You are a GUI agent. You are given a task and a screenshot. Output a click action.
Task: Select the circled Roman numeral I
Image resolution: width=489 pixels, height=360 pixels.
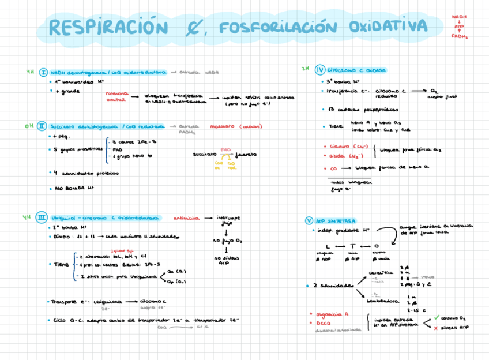(x=43, y=73)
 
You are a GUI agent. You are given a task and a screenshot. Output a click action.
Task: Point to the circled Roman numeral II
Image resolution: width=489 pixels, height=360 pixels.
(x=42, y=125)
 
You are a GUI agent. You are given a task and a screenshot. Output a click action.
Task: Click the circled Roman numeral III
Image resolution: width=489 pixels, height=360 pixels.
(x=42, y=217)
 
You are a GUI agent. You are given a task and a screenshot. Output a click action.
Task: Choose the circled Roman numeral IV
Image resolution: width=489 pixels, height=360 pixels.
(x=320, y=70)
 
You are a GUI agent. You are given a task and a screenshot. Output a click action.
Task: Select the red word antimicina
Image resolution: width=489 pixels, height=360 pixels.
(x=186, y=219)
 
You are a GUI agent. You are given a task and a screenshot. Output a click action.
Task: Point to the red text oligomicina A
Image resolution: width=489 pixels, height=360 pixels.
(x=332, y=314)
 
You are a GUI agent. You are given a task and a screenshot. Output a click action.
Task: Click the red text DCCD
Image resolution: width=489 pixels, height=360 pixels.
(x=323, y=322)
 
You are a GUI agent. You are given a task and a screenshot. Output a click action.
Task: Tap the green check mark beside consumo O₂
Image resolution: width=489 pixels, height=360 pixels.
(x=437, y=317)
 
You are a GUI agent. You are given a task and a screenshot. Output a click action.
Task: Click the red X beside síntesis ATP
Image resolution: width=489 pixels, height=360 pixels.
(x=436, y=327)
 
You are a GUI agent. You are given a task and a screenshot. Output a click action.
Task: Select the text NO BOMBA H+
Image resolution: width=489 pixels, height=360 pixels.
(x=74, y=188)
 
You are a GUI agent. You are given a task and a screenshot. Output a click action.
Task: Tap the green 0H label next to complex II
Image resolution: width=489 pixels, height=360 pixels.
(x=29, y=125)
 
